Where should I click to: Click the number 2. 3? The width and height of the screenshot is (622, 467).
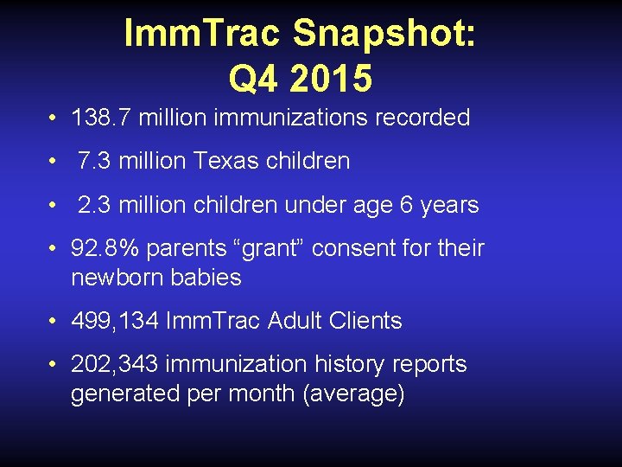pyautogui.click(x=96, y=205)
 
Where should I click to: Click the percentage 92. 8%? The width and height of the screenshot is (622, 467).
pyautogui.click(x=105, y=249)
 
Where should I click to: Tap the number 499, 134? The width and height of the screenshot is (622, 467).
pyautogui.click(x=115, y=321)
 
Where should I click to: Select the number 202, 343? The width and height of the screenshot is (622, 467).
pyautogui.click(x=115, y=364)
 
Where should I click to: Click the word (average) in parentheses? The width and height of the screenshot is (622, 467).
pyautogui.click(x=353, y=393)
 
